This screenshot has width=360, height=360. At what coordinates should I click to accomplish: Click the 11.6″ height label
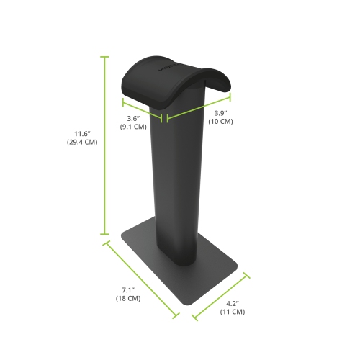tap(86, 132)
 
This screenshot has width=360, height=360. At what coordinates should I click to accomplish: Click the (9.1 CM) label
tap(133, 127)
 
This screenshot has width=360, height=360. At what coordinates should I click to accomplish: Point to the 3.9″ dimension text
tap(221, 113)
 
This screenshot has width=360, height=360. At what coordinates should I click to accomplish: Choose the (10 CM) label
tap(221, 122)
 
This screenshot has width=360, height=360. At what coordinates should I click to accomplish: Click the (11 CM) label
tap(233, 312)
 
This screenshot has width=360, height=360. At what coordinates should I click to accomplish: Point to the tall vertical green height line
tap(106, 144)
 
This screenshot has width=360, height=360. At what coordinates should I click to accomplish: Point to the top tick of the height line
tap(106, 55)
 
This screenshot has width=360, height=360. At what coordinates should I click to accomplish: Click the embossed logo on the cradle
tap(163, 70)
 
